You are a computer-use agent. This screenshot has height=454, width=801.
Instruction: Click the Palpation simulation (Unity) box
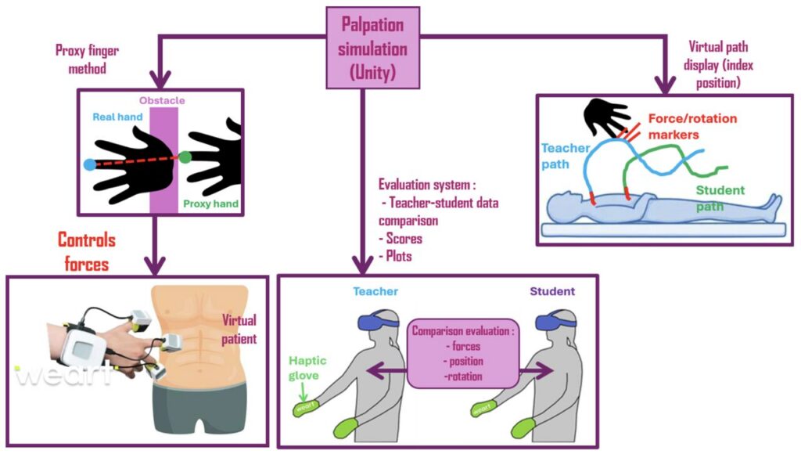(374, 47)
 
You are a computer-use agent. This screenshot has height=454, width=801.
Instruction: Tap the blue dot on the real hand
(90, 164)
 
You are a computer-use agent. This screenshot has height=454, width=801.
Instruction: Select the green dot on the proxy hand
(185, 157)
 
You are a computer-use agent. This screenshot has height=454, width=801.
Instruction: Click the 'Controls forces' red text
(86, 252)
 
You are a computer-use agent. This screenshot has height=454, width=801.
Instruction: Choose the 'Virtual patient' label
(239, 330)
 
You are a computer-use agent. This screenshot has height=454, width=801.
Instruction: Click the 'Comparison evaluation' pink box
(463, 352)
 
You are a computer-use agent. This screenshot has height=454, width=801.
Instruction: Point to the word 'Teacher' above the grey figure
(375, 291)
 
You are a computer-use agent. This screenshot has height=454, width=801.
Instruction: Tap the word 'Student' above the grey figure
(552, 291)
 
